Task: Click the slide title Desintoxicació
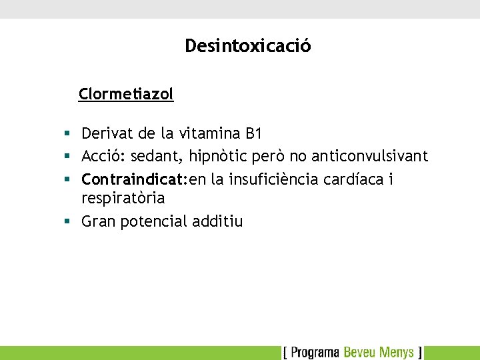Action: click(x=247, y=46)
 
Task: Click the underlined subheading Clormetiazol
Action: click(x=126, y=94)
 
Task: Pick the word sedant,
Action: click(x=157, y=157)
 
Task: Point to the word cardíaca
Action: click(x=354, y=179)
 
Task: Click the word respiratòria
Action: click(x=123, y=199)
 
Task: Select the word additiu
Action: click(x=217, y=221)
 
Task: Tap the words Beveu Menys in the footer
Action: click(x=378, y=352)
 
